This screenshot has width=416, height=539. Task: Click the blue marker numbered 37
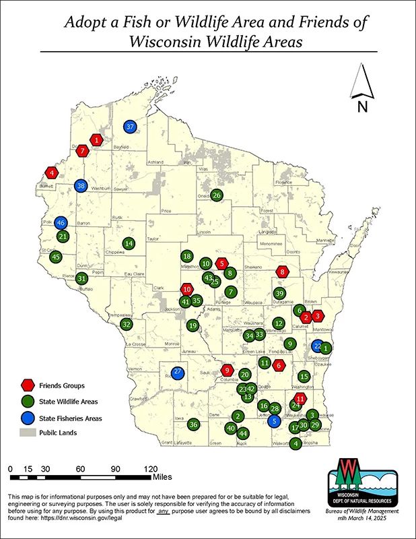tap(131, 126)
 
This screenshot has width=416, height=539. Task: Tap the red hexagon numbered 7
tap(82, 151)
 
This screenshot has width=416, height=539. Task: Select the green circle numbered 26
tap(216, 195)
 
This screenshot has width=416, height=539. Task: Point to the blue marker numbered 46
tap(61, 223)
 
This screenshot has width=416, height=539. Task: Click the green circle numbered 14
tap(129, 243)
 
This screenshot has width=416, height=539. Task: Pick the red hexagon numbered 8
tap(283, 272)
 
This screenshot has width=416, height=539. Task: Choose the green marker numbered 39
tap(280, 293)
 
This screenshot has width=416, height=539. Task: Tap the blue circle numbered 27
tap(178, 372)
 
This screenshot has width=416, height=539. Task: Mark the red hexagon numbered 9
tap(227, 370)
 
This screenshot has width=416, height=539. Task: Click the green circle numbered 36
tap(193, 424)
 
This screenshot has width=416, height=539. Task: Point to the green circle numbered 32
tap(126, 324)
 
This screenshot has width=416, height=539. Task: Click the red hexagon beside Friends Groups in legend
tap(28, 385)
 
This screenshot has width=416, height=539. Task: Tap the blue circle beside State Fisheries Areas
tap(28, 418)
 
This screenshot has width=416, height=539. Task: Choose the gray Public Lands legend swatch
tap(28, 433)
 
